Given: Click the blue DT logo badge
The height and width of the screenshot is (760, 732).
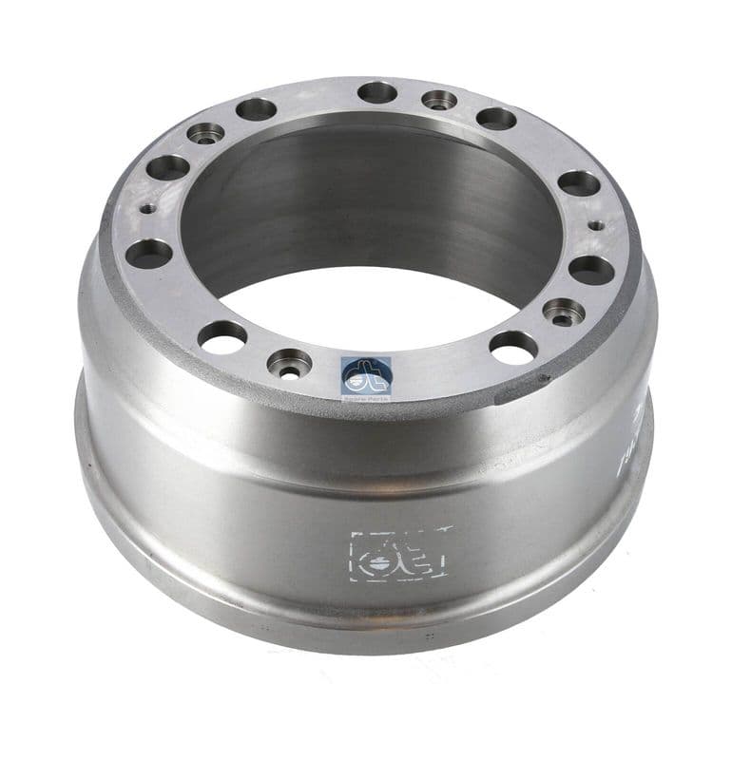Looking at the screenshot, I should click(x=366, y=376).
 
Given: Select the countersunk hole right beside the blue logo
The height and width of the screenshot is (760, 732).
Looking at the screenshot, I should click(x=289, y=362).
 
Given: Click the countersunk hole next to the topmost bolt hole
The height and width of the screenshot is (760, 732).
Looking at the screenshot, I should click(x=439, y=99).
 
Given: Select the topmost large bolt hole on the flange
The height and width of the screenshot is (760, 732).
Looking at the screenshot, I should click(x=377, y=92).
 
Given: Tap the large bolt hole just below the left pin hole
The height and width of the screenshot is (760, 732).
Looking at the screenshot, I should click(x=149, y=254).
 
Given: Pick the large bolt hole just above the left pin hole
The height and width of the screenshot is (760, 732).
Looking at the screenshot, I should click(x=168, y=168).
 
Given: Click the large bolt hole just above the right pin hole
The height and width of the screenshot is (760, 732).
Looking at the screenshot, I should click(x=579, y=183).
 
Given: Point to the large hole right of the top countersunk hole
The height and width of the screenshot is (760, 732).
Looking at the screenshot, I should click(x=495, y=119).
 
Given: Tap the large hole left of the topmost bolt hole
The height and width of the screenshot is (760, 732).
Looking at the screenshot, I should click(x=257, y=110).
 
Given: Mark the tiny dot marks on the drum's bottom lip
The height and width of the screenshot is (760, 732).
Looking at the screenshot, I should click(x=429, y=636).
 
